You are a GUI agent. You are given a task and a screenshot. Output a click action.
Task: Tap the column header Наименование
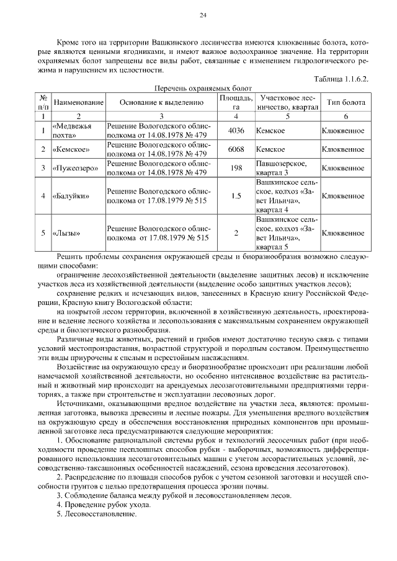78,102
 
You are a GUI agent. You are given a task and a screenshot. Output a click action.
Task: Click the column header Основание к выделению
161,102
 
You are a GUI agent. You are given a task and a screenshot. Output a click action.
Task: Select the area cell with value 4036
236,131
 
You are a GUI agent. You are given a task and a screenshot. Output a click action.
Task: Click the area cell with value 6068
236,149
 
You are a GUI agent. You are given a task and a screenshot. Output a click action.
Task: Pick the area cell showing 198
236,168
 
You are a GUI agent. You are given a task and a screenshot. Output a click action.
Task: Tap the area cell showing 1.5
236,196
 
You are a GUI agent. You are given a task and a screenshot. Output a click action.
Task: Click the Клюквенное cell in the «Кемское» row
343,149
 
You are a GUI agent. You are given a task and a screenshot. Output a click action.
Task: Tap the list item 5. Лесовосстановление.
96,514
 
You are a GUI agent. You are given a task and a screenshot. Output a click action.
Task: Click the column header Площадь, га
236,102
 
